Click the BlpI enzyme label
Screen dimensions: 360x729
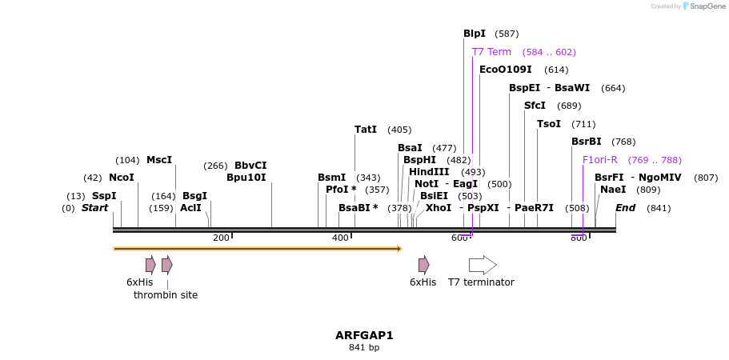point(475,34)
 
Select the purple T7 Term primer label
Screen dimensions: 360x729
point(491,52)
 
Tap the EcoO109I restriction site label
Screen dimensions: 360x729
point(506,70)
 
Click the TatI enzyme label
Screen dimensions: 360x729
point(366,130)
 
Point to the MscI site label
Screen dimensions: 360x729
point(159,160)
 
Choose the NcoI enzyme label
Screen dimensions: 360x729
point(122,178)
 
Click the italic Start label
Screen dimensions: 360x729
point(94,208)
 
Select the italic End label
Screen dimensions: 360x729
point(626,208)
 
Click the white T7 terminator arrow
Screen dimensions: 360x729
point(483,265)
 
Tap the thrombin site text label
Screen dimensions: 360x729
point(166,295)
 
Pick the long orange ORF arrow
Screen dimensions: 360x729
point(256,249)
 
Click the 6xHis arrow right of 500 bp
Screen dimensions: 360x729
point(423,265)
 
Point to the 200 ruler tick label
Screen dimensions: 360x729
point(221,238)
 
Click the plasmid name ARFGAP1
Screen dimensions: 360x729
point(364,335)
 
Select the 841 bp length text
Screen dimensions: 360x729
point(364,348)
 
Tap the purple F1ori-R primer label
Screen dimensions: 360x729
point(600,160)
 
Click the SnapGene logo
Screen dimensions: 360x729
point(699,6)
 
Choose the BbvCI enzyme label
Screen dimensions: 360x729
point(250,166)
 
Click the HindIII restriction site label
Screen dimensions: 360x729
point(429,172)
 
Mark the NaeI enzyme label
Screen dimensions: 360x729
point(613,190)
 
